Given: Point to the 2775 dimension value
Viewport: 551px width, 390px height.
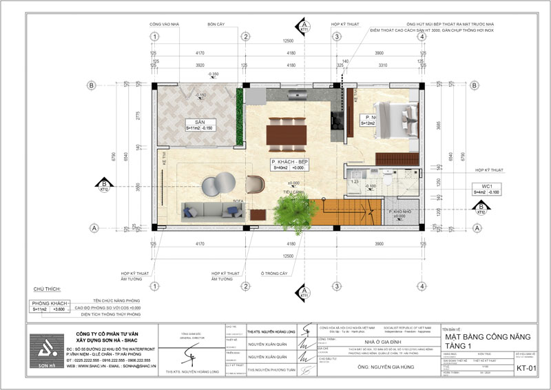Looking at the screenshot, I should click(147, 115).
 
